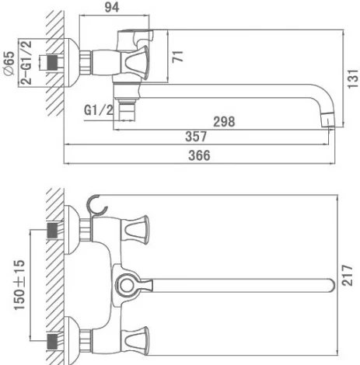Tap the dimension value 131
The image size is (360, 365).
point(351,78)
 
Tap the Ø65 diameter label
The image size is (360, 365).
point(9,61)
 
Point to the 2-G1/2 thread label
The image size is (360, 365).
point(26,61)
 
